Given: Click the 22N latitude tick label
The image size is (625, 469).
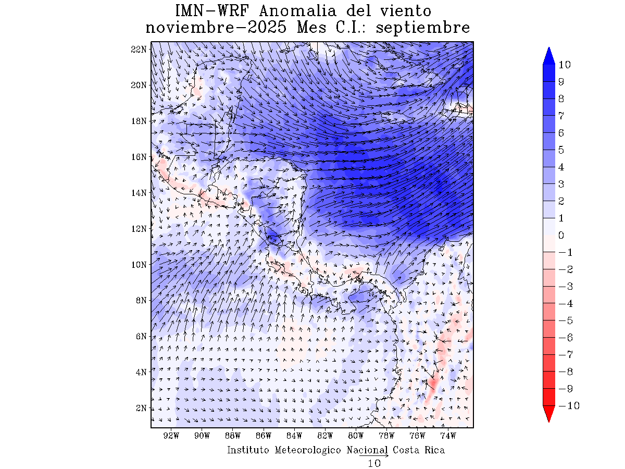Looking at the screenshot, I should [140, 49].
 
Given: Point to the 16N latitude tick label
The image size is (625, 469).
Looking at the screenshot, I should [140, 157].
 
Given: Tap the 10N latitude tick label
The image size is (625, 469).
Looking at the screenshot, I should [140, 264].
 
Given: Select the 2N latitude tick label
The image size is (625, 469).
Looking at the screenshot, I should [141, 408].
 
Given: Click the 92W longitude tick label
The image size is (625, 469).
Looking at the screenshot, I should [171, 436].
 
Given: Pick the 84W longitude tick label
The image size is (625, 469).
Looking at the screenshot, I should [294, 436].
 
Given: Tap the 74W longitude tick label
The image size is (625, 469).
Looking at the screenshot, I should [448, 436].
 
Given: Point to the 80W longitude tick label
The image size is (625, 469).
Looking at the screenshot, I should [356, 436].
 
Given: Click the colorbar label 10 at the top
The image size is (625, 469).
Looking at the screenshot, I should [565, 65].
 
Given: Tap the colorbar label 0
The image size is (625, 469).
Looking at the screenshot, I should [561, 236].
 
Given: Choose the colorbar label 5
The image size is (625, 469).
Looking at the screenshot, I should [561, 150].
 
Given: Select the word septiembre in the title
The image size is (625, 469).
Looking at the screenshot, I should [423, 28].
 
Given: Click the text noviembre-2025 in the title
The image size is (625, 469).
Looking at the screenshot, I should [216, 28].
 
